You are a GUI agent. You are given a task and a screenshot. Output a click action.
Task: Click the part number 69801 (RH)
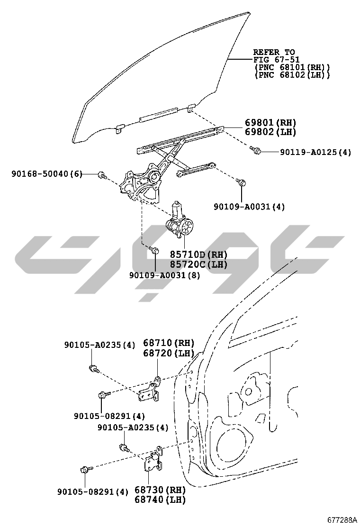click(x=270, y=122)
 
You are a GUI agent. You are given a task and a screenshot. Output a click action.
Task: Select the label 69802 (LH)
click(x=270, y=132)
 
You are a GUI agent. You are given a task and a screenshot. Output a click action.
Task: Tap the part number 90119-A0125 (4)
click(x=315, y=153)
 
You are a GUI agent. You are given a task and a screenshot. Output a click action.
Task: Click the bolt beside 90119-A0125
click(x=257, y=151)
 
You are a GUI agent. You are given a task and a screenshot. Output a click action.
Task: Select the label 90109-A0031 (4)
click(x=249, y=207)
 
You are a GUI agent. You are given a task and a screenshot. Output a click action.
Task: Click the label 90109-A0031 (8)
click(x=165, y=275)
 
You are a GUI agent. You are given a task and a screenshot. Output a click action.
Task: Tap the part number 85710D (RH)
click(x=199, y=255)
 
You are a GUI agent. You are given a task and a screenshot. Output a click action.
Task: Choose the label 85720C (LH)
click(x=199, y=264)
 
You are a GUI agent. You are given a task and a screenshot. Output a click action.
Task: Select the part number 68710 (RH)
click(x=169, y=343)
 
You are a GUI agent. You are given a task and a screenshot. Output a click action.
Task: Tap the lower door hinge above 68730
click(x=153, y=460)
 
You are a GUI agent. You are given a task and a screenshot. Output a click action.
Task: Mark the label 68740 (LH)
click(x=160, y=500)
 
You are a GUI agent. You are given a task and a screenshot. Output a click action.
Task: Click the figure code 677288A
click(x=341, y=519)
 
